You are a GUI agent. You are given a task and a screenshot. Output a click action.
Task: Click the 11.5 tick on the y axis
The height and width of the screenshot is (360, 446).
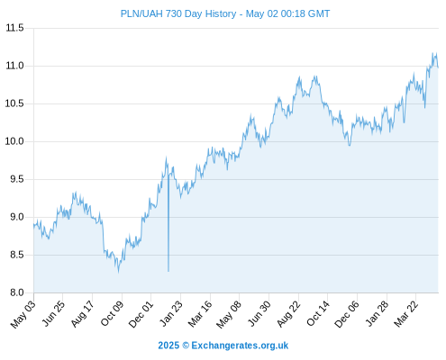tap(14, 28)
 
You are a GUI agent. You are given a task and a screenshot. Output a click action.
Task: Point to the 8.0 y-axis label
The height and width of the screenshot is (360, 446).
tap(17, 292)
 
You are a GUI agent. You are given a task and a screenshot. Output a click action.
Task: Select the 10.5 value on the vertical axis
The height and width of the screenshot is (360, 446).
tap(14, 103)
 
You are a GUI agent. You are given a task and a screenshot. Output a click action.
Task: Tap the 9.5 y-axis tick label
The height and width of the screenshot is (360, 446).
tap(17, 179)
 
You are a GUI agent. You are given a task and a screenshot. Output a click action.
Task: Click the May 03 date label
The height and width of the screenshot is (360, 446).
tap(23, 315)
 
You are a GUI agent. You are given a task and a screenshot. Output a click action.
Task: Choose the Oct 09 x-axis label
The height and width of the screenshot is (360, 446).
tap(112, 314)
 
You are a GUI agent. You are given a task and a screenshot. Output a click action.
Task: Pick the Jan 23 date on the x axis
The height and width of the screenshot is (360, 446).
tap(171, 314)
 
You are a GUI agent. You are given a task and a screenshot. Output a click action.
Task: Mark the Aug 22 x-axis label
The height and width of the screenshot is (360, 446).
tap(288, 314)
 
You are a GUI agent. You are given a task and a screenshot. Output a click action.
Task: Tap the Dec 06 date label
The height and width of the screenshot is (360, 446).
tap(347, 314)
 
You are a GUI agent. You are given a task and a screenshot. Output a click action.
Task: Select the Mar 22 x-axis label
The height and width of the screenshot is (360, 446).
tap(406, 314)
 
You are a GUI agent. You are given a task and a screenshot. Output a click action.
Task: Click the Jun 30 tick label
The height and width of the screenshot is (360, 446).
tap(259, 314)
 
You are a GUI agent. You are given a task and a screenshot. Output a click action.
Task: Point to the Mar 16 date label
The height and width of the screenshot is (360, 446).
tap(200, 314)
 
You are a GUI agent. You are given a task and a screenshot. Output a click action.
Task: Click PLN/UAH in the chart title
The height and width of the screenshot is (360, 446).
tap(141, 13)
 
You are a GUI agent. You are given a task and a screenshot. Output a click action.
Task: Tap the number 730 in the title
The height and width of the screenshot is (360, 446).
tap(173, 13)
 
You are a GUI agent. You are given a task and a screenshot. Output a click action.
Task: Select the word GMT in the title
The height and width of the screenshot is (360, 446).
tap(320, 13)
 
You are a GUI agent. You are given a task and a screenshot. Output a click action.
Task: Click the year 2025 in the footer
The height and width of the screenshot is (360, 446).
tap(168, 346)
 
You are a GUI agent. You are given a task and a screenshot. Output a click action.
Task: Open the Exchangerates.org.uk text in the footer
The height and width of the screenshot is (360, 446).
tap(240, 346)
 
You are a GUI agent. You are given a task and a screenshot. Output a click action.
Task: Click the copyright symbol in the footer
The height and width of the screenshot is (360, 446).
tap(186, 346)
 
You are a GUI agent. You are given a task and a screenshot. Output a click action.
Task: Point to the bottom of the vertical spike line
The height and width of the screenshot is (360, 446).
tap(168, 272)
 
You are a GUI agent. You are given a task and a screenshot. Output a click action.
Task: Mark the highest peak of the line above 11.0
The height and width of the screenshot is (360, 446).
tap(433, 53)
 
